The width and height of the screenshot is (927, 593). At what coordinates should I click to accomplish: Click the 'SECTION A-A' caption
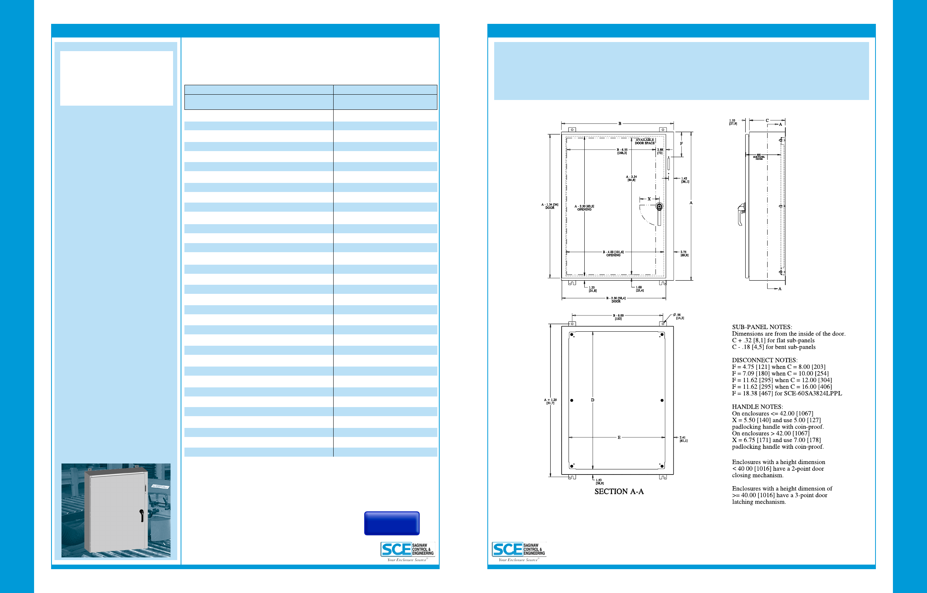pos(619,492)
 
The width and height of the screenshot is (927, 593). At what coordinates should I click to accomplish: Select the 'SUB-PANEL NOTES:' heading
pos(762,327)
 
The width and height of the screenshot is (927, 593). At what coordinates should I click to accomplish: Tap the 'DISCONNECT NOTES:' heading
pos(765,360)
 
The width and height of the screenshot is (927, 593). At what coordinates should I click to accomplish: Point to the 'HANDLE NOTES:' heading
pos(757,407)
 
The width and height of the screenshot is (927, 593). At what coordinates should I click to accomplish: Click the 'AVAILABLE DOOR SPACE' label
pos(645,141)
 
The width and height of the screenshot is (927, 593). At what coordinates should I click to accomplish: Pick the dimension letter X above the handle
pos(649,199)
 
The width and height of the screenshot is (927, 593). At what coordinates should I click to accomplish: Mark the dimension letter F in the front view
pos(681,144)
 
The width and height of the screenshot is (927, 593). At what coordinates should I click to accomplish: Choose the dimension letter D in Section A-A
pos(593,400)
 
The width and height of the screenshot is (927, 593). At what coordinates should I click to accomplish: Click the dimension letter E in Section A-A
pos(619,437)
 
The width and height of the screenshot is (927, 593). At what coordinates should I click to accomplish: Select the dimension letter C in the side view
pos(767,120)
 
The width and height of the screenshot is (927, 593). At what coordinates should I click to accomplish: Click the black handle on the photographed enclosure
pos(142,515)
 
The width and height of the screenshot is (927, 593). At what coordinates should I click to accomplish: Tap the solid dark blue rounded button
pos(392,523)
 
